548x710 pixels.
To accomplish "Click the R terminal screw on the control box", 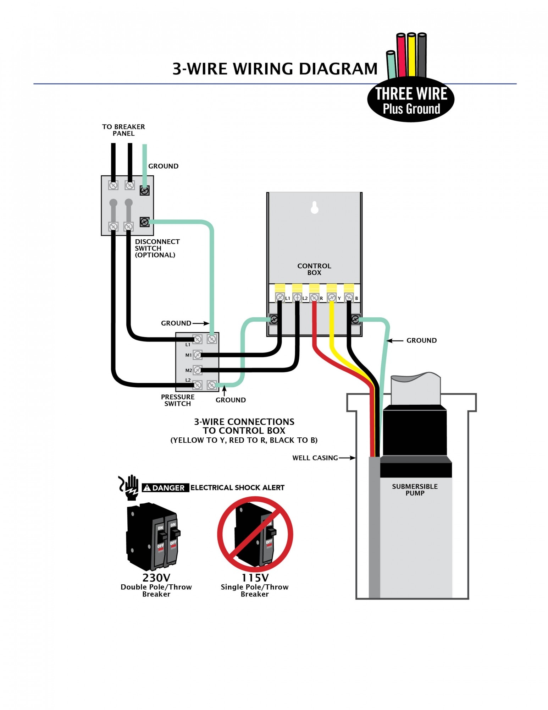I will (x=314, y=297).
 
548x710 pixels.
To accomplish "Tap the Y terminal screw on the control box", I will (x=332, y=297).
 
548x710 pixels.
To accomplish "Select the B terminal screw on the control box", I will (x=349, y=297).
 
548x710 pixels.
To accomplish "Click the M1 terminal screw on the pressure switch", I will (x=198, y=355).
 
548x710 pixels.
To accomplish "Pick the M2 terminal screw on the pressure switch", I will (x=198, y=370).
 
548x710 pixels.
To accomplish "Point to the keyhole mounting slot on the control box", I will (x=314, y=207).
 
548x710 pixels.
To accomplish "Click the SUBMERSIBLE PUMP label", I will (x=415, y=490).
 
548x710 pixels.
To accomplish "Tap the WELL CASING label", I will (x=315, y=458).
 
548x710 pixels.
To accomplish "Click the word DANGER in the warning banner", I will (x=168, y=488).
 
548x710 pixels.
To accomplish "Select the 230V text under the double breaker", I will (x=156, y=578).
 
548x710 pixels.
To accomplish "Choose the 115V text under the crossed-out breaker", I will (x=255, y=578).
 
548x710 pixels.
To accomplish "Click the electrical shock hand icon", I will (x=129, y=487).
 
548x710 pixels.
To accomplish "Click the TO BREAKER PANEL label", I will (x=123, y=130).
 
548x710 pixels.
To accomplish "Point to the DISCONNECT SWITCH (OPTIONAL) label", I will (x=157, y=248).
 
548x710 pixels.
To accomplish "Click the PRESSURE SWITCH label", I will (x=178, y=400).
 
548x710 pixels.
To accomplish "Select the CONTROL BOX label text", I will (x=314, y=269).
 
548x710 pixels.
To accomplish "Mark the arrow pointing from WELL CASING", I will (x=347, y=458).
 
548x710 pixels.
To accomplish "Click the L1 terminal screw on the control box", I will (x=280, y=297).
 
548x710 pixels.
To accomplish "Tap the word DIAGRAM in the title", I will (x=338, y=69).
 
